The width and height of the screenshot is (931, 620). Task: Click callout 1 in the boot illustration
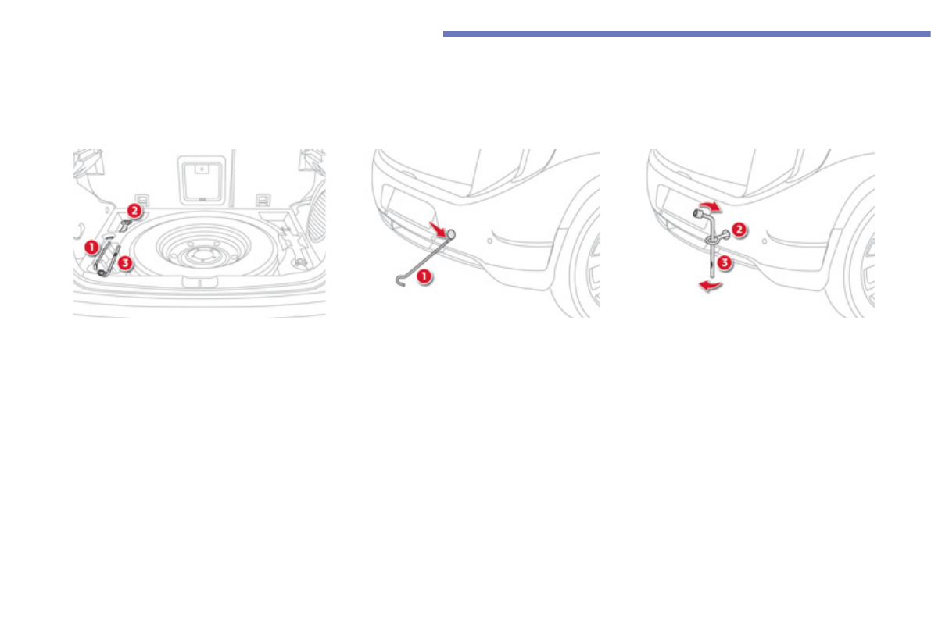pos(91,246)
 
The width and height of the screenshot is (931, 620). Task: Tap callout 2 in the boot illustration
pos(134,210)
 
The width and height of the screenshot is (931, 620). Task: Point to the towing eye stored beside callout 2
pos(125,226)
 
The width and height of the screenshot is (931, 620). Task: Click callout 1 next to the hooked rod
pos(423,275)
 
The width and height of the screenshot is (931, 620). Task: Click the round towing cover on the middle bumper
pos(450,233)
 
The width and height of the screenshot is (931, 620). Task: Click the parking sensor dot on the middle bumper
pos(489,241)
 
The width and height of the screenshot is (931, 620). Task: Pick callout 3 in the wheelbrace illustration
pos(725,263)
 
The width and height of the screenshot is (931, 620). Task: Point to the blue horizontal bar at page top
pos(686,34)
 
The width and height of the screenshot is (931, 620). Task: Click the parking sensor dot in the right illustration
pos(764,241)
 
